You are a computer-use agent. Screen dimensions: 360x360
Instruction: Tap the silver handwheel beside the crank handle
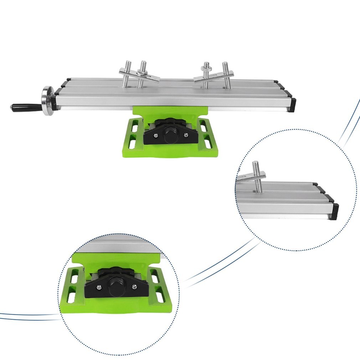point(47,101)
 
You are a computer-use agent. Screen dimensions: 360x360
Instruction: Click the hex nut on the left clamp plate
point(144,74)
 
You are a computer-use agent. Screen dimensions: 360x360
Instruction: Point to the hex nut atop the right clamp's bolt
point(206,66)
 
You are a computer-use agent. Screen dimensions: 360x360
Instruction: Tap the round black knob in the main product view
point(171,135)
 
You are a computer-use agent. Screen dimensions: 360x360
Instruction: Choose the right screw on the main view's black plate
point(185,134)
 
